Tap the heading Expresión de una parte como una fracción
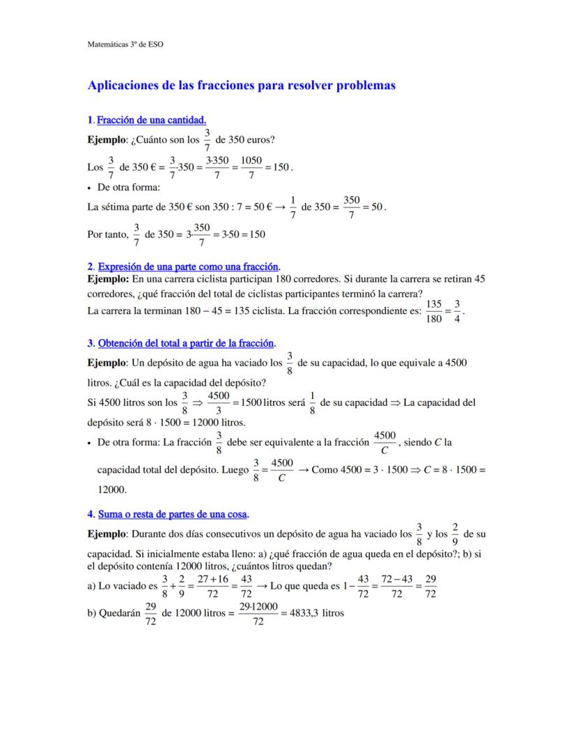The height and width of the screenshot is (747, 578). (188, 266)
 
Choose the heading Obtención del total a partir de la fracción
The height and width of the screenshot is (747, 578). (186, 343)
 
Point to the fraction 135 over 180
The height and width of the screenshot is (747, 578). (433, 311)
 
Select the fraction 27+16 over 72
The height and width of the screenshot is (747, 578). (213, 587)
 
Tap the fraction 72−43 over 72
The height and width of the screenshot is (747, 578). (396, 587)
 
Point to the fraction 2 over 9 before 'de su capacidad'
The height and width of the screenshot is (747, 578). (454, 534)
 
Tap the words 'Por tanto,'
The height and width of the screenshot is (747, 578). (108, 234)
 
